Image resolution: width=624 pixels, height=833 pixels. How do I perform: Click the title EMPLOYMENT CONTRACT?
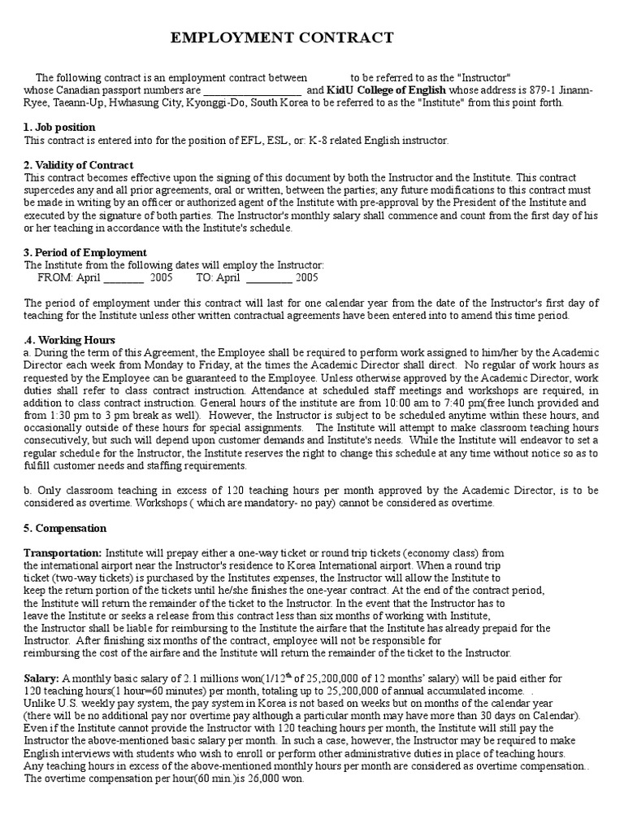pos(283,38)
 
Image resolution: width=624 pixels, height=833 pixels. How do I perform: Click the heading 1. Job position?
pos(59,128)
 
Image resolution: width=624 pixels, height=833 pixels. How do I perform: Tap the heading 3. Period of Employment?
pos(85,253)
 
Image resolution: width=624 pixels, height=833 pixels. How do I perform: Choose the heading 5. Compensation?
pos(65,528)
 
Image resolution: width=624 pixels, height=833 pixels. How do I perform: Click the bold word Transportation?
pos(63,552)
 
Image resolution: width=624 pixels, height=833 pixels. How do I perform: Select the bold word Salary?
pos(41,678)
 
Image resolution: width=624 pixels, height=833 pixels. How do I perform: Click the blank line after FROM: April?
pos(123,277)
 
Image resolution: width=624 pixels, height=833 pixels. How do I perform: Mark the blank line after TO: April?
pos(267,277)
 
